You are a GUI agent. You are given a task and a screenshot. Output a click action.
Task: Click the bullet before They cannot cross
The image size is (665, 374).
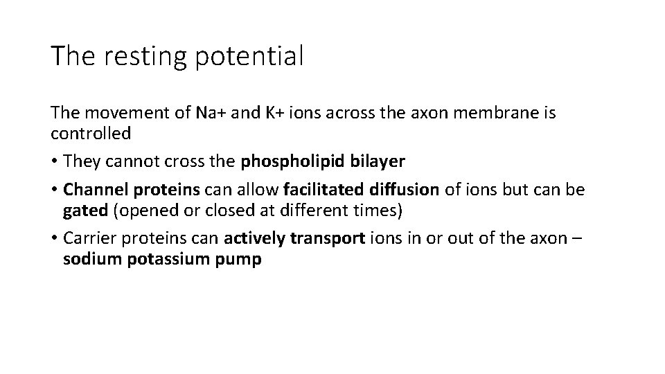point(55,162)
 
